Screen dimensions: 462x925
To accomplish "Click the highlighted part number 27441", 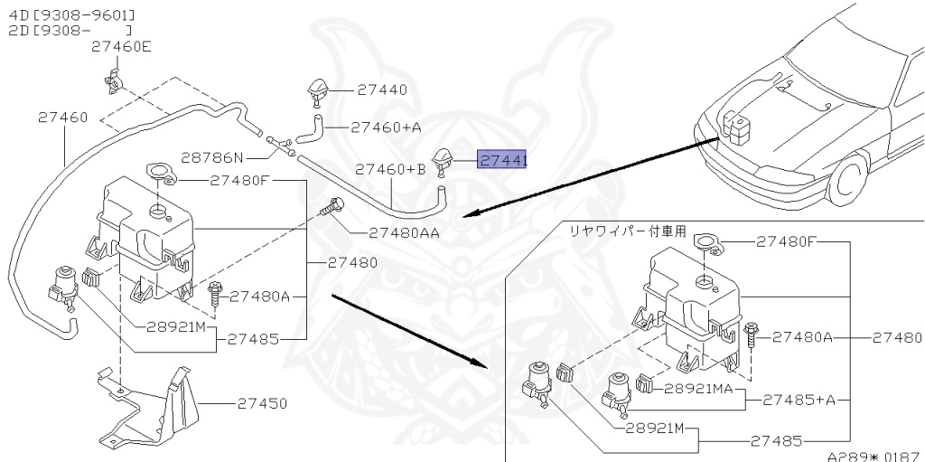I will [504, 161].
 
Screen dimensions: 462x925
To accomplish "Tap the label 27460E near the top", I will [121, 47].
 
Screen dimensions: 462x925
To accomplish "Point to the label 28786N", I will [212, 157].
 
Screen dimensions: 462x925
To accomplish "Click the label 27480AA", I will [404, 232].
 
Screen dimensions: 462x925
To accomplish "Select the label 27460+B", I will [390, 169].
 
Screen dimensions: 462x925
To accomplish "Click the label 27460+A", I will [386, 127].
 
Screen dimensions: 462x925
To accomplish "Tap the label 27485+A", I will [799, 399].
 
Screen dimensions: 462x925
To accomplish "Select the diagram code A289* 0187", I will [874, 456].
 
